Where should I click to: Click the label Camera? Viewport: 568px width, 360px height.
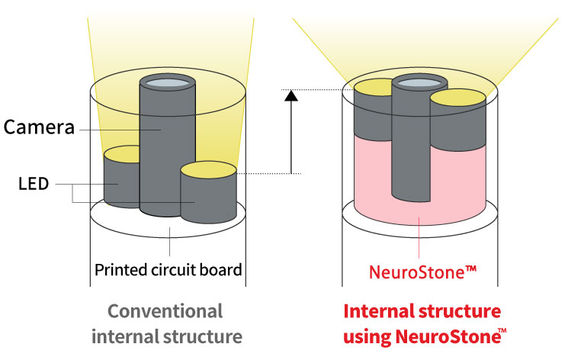[39, 127]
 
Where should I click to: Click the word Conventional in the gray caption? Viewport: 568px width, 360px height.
[165, 311]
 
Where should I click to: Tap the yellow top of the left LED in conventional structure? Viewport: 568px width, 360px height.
[122, 155]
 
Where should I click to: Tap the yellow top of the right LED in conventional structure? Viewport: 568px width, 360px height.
[209, 169]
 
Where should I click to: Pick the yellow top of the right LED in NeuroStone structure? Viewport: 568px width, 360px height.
[457, 97]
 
